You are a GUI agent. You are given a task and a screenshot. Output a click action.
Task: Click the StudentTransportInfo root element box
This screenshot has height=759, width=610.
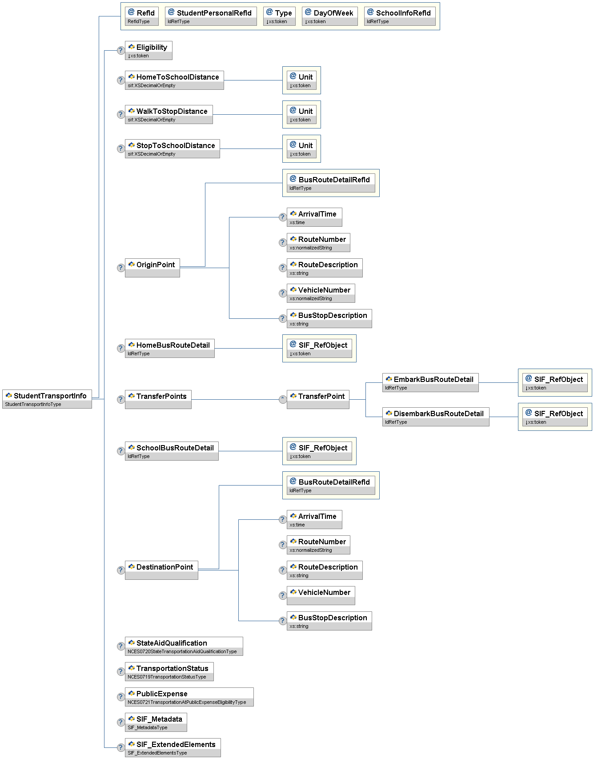pos(47,399)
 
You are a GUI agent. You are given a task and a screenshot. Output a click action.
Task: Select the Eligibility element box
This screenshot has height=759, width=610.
pos(148,51)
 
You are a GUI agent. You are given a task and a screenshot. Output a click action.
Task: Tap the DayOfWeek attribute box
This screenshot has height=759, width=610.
pos(329,16)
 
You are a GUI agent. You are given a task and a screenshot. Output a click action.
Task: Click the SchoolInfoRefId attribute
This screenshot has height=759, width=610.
pos(400,16)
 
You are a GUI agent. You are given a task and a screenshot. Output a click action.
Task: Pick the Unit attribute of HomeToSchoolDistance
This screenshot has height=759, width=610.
pos(301,80)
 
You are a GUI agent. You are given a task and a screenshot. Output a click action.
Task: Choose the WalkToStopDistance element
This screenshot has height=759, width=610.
pos(169,115)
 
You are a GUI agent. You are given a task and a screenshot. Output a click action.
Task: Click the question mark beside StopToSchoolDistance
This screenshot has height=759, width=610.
pos(120,149)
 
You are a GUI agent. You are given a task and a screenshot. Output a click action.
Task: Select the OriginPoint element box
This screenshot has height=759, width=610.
pos(152,268)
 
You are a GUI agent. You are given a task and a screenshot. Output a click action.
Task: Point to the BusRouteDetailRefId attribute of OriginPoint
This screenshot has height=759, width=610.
pos(331,183)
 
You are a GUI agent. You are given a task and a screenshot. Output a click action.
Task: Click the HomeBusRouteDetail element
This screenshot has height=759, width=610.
pos(170,348)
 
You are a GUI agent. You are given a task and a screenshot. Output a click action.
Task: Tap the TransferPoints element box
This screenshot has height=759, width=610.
pos(158,399)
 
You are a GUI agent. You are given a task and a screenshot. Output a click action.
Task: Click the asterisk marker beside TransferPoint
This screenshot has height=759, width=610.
pos(283,399)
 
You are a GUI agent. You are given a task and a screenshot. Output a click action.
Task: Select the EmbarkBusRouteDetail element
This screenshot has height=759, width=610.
pos(430,382)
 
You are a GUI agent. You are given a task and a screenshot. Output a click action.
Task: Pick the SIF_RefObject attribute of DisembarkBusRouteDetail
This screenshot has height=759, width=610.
pos(555,417)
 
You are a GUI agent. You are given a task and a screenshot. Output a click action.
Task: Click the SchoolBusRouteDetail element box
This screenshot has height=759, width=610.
pos(172,451)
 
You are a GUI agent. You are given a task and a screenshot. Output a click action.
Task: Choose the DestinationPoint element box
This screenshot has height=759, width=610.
pos(161,570)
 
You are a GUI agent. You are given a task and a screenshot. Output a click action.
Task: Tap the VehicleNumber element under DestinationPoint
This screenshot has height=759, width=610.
pos(321,595)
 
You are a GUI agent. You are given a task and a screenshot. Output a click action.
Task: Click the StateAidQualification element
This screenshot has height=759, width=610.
pos(184,646)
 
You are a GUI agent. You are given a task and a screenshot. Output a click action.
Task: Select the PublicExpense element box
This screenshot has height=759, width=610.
pos(189,697)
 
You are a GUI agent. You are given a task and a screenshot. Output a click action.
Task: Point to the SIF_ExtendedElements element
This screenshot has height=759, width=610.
pos(173,747)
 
